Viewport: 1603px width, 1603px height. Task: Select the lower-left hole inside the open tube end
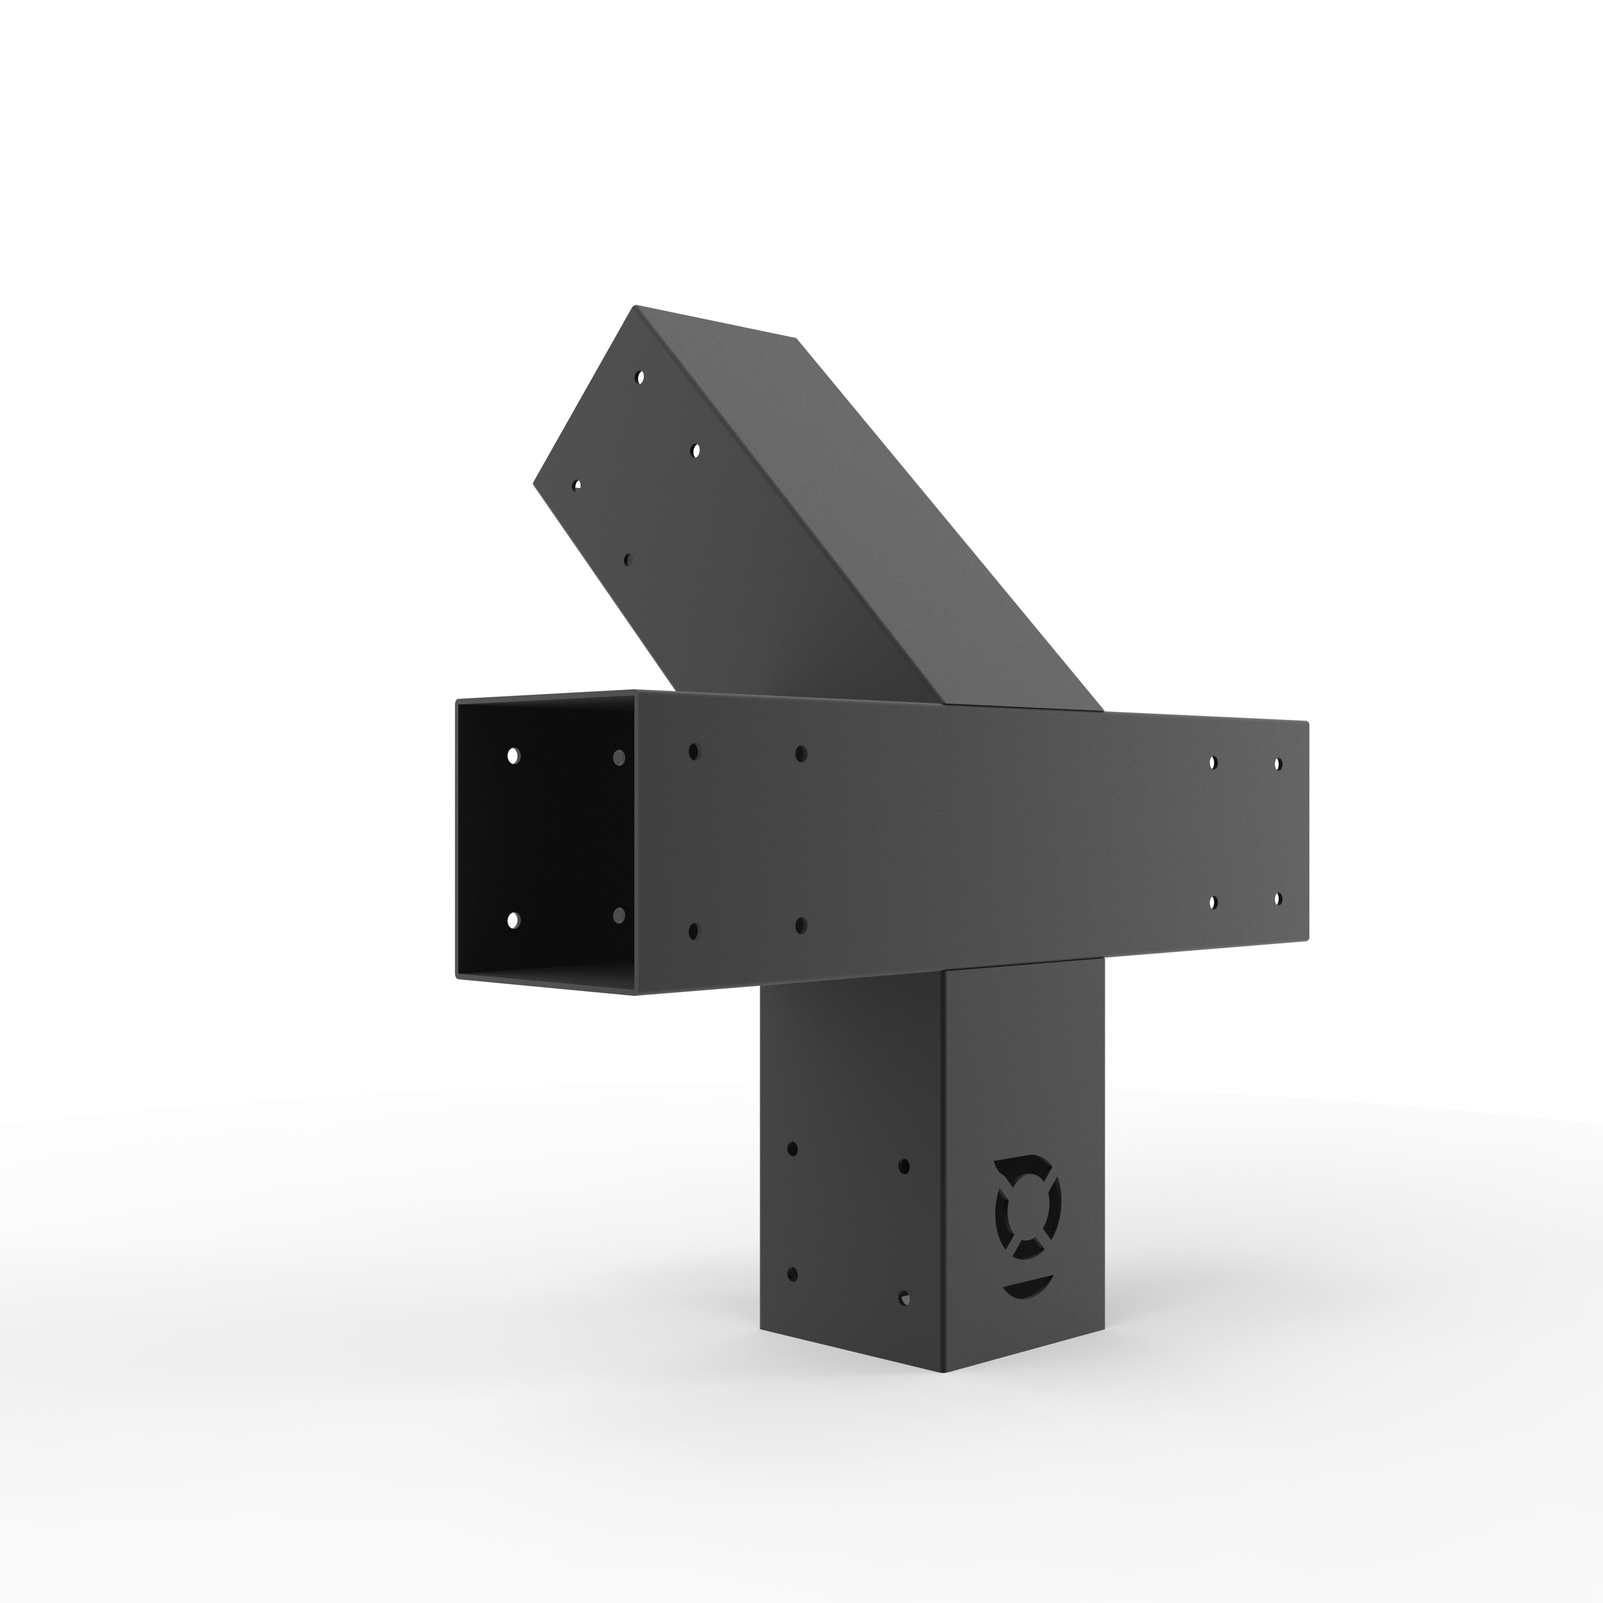click(x=514, y=919)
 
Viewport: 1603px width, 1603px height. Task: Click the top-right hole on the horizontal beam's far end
click(x=1277, y=763)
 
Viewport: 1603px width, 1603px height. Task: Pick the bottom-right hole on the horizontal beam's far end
click(x=1277, y=898)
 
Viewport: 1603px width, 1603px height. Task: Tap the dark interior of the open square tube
click(x=564, y=838)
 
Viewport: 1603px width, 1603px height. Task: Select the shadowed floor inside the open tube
click(x=547, y=979)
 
